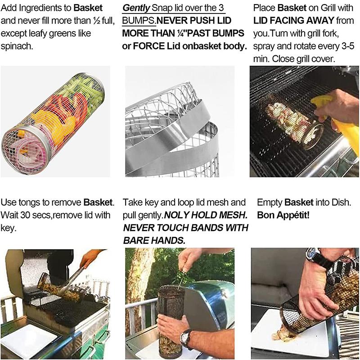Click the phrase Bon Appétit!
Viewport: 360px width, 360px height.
(x=284, y=216)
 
